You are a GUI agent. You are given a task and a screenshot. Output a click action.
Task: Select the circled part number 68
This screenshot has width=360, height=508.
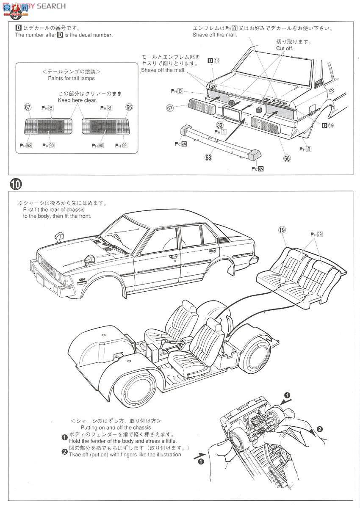click(x=208, y=157)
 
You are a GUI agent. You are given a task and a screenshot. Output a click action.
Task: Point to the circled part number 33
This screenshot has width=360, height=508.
click(x=219, y=125)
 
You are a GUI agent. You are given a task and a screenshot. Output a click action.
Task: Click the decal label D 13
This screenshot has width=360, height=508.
click(x=214, y=61)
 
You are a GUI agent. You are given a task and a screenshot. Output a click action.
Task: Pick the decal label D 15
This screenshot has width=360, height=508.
click(x=327, y=125)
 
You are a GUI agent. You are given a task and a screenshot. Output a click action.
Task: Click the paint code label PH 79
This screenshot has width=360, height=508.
click(x=316, y=234)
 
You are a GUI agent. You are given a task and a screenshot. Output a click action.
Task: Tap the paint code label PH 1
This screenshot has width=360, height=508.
click(x=220, y=132)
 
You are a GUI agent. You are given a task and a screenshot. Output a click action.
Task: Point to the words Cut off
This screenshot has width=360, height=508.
click(x=285, y=48)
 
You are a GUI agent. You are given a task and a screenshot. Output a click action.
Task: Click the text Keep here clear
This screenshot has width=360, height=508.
click(x=78, y=100)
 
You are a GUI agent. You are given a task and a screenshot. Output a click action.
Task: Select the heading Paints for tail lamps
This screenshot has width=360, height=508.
click(x=72, y=78)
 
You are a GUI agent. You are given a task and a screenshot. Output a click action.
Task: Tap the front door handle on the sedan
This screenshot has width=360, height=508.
click(x=173, y=257)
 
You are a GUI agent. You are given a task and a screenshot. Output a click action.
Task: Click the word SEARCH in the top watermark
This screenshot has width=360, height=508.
click(x=51, y=6)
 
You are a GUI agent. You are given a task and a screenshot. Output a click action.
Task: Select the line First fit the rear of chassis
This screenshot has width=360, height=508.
click(x=55, y=210)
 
